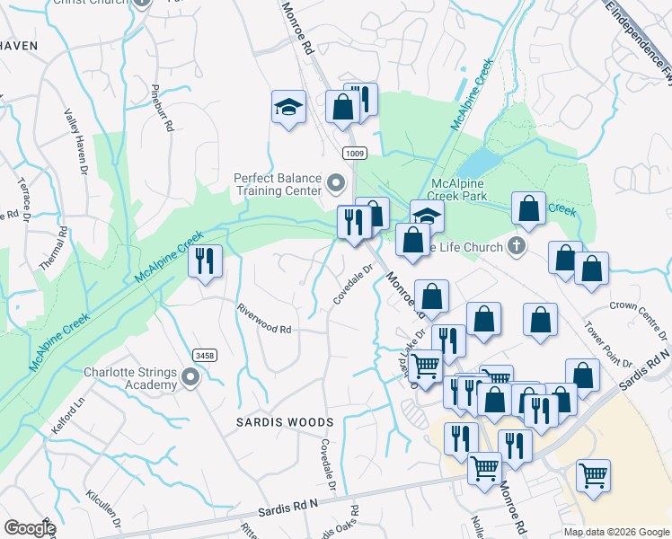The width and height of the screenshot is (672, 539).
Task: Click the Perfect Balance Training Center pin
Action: [x=336, y=184]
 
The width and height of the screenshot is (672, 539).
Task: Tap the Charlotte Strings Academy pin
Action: [x=190, y=378]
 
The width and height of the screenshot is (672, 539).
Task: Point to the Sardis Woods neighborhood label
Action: [x=272, y=421]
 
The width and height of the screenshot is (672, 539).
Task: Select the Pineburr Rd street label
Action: [x=161, y=109]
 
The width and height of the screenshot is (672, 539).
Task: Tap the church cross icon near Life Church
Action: [x=516, y=244]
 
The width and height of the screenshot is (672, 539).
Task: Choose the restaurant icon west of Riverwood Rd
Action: [x=206, y=261]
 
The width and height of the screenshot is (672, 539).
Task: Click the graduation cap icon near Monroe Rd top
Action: [x=288, y=107]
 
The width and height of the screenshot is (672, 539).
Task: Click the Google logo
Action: [x=30, y=528]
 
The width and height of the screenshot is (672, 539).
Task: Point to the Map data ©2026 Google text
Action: [x=616, y=532]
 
